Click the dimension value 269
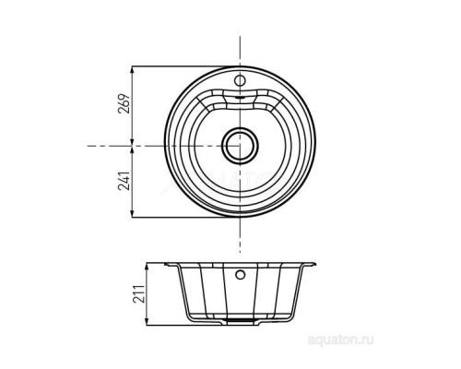coord(124,103)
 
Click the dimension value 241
coord(124,181)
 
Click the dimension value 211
coord(139,293)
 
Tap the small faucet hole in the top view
coord(240,80)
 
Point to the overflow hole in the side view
coord(240,274)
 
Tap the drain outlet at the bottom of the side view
coord(240,320)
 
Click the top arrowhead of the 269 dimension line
coord(132,70)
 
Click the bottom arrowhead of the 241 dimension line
coord(132,213)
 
